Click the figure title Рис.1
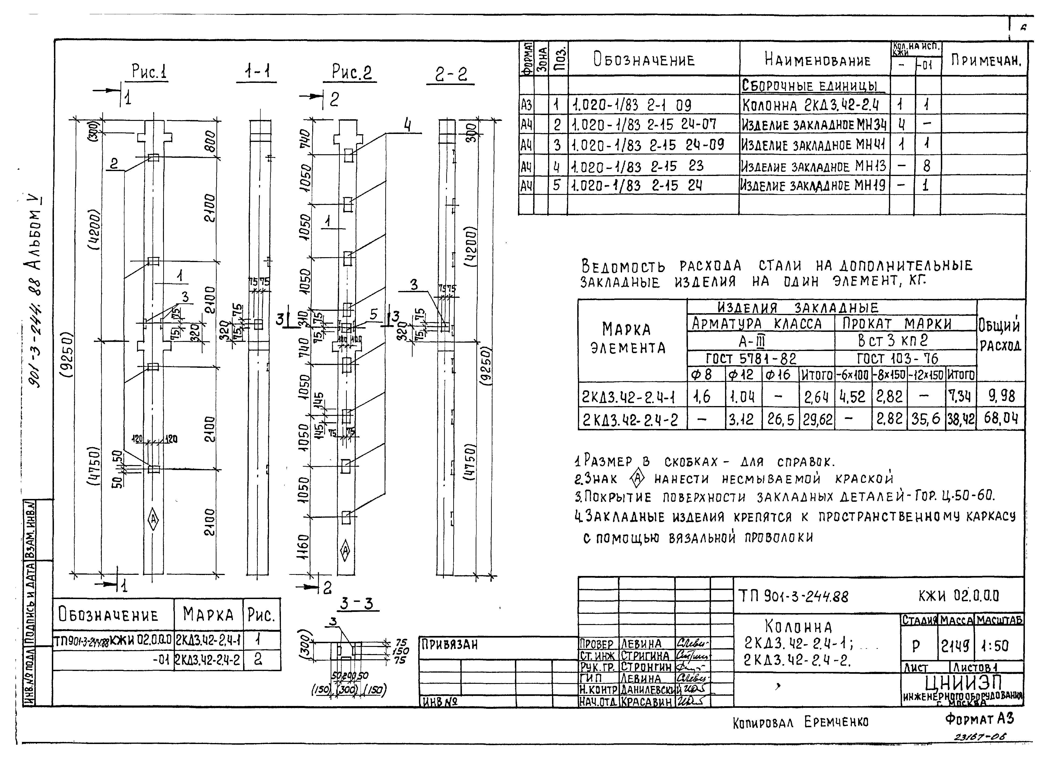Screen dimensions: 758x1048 pos(149,73)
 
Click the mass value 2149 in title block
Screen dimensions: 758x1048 pos(956,645)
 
